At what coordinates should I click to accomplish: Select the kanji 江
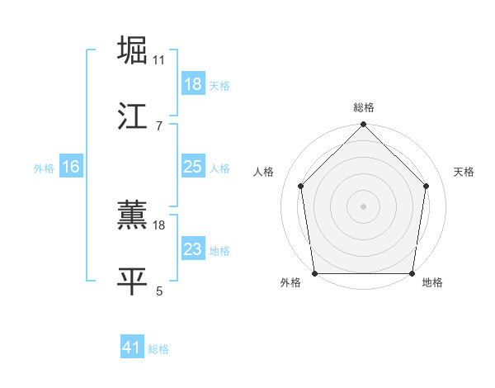tap(133, 116)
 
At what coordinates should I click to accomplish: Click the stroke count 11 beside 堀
tap(159, 60)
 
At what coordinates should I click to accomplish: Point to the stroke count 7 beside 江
tap(159, 125)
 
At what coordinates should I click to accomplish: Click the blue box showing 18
tap(193, 84)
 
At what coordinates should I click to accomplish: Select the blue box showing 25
tap(193, 167)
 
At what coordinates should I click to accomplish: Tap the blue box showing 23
tap(193, 249)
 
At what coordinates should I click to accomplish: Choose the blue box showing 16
tap(71, 167)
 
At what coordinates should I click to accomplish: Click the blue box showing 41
tap(132, 348)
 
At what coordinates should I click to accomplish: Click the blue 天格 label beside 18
tap(219, 85)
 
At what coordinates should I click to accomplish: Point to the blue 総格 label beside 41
tap(158, 348)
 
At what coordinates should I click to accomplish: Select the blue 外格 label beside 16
tap(44, 168)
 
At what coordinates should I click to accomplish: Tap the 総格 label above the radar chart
tap(364, 107)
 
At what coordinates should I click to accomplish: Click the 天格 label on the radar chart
tap(464, 172)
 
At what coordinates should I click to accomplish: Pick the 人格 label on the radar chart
tap(263, 172)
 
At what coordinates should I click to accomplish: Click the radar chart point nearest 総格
tap(364, 125)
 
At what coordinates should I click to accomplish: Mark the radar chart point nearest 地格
tap(412, 273)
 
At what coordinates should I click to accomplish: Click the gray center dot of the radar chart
tap(364, 206)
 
